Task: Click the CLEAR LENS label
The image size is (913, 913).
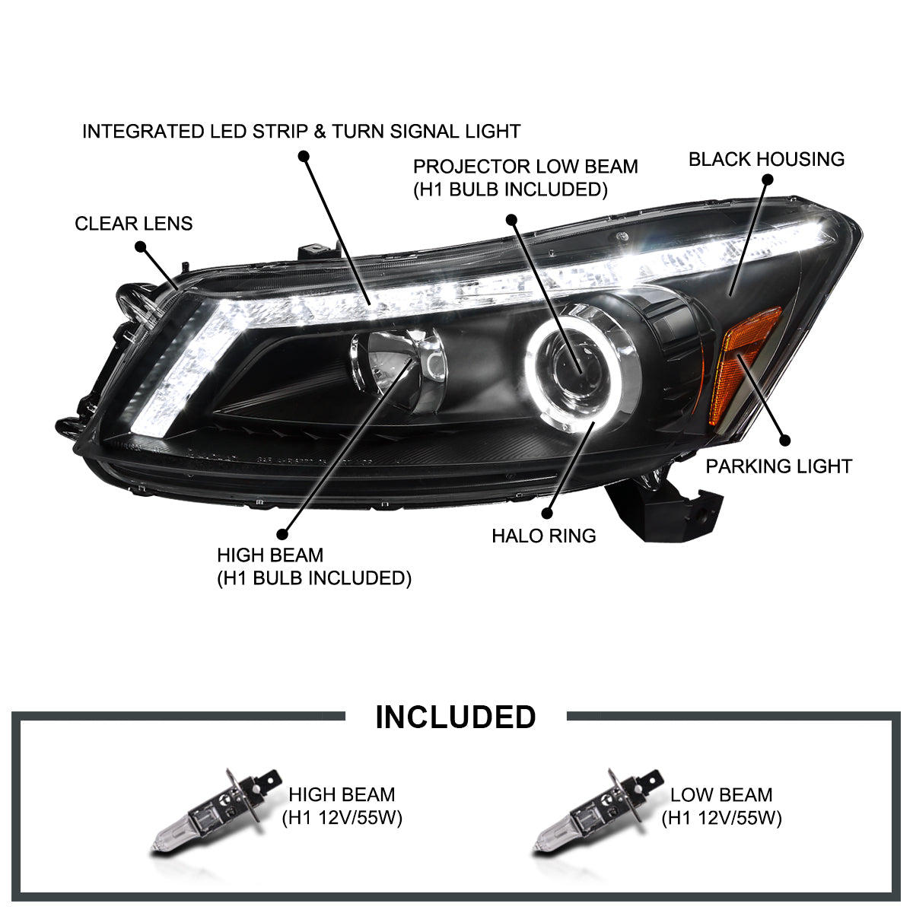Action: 134,224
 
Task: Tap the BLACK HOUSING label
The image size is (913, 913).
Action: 766,159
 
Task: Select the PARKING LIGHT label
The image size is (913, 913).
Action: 778,466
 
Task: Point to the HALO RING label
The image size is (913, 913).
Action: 543,536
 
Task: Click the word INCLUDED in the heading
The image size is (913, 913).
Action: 455,717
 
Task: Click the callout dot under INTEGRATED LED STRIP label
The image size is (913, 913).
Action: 304,157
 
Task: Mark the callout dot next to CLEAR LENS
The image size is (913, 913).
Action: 140,247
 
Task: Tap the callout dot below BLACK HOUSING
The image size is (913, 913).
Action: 768,180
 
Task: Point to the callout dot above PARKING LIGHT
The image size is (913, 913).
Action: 784,441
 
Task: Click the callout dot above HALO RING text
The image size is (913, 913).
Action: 547,513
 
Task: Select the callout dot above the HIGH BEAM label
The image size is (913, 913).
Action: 282,534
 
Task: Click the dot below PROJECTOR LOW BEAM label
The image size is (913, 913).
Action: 511,220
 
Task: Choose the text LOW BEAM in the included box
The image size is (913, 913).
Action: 721,794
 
